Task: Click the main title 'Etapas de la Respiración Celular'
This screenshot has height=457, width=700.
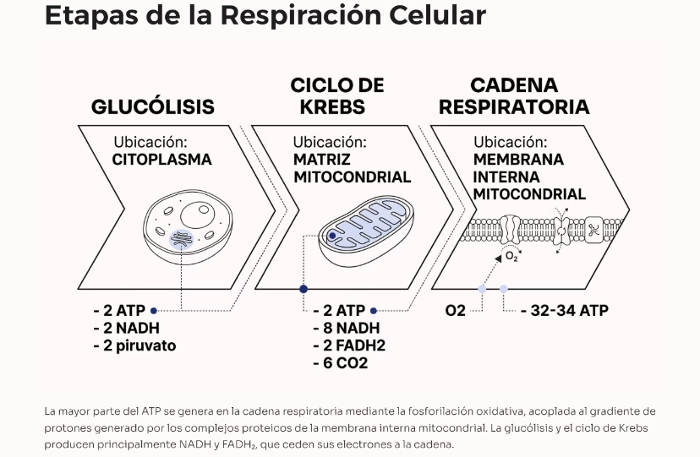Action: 265,17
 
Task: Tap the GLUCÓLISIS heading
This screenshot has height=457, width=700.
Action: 152,107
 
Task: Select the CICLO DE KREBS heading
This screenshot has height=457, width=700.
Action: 336,96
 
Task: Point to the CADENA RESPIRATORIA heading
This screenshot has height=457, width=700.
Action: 514,96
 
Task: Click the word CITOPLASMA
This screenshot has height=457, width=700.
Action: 161,158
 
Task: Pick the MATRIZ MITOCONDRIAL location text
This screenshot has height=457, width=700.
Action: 352,167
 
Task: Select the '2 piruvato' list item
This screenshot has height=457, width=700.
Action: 134,345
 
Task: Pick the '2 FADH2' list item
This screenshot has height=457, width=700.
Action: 349,345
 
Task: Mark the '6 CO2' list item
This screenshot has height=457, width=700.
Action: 340,363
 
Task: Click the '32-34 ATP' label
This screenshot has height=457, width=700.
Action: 564,310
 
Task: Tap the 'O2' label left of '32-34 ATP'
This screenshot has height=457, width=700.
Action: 456,310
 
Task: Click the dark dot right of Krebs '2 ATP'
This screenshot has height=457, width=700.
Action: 374,310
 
